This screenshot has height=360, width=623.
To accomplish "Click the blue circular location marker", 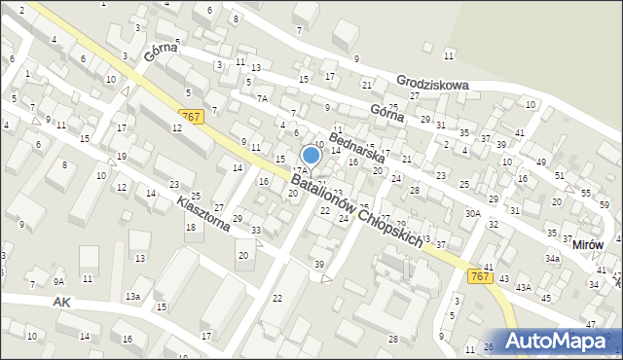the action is [x=311, y=154].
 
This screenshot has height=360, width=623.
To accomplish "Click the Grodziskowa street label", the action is [x=432, y=85].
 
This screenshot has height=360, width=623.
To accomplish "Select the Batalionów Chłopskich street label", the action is [x=357, y=210].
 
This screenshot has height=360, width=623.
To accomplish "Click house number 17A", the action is [x=300, y=171].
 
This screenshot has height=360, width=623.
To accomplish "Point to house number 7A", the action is [x=262, y=98].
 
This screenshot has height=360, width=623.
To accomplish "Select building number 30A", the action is [x=473, y=213].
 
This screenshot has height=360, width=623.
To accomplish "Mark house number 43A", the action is [x=523, y=287].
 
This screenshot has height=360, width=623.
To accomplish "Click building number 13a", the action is [x=131, y=296].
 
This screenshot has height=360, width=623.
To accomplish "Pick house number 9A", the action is [x=58, y=282].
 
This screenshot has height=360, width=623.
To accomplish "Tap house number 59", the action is [x=605, y=204].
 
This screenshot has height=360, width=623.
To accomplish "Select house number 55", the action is [x=584, y=193].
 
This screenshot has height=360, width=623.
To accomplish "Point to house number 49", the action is [x=540, y=162].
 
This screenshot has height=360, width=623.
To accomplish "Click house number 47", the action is [x=590, y=323].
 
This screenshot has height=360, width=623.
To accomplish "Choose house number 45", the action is [x=545, y=298].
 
